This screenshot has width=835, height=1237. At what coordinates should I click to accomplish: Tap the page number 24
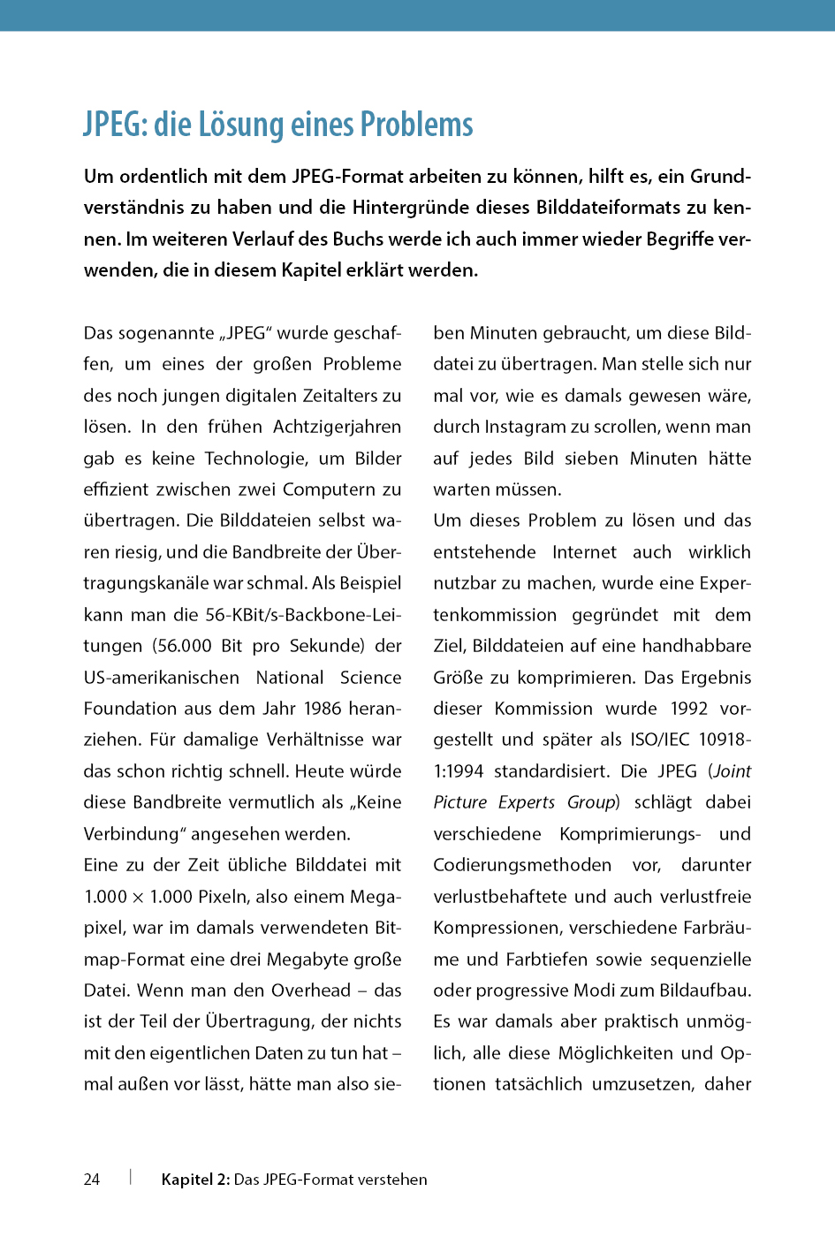coord(92,1180)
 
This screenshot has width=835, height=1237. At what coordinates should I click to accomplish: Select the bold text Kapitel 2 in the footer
coord(195,1180)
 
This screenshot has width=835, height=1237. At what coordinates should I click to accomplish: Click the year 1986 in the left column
coord(323,709)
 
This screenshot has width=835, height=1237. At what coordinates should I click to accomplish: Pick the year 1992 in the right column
coord(689,709)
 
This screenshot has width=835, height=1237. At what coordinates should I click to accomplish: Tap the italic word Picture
coord(460,802)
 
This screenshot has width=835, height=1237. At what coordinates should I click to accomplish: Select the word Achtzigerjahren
coord(337,427)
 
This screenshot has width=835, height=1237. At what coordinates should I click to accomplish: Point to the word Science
coord(370,678)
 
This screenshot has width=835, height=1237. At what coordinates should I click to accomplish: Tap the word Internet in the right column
coord(584,552)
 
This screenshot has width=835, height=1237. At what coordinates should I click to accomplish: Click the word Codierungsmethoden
coord(522,865)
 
